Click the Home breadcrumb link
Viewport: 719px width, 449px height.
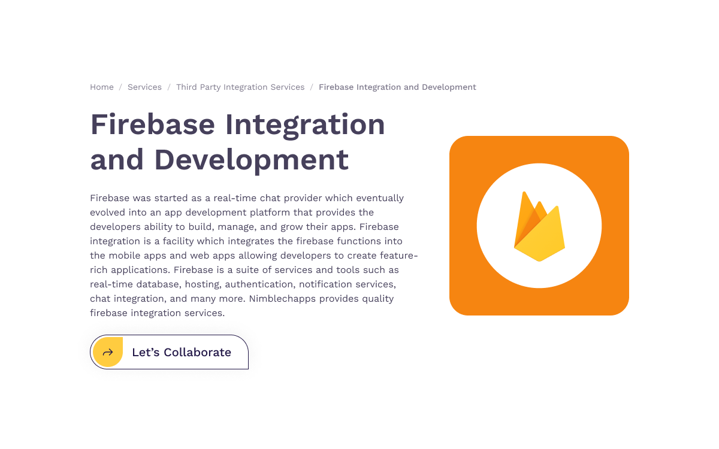click(102, 87)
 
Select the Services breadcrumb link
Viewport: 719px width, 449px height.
click(144, 87)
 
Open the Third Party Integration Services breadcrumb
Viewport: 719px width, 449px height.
click(240, 87)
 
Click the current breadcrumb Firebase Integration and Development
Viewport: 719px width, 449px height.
click(397, 87)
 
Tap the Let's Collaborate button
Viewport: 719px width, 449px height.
click(170, 352)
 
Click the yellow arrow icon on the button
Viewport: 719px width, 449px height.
click(108, 352)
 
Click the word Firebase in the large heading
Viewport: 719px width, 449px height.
click(152, 125)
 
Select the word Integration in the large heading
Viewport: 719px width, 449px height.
click(305, 125)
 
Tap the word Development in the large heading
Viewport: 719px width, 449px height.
click(251, 159)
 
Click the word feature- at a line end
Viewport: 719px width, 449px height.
click(398, 256)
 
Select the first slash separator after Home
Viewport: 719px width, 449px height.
click(120, 87)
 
